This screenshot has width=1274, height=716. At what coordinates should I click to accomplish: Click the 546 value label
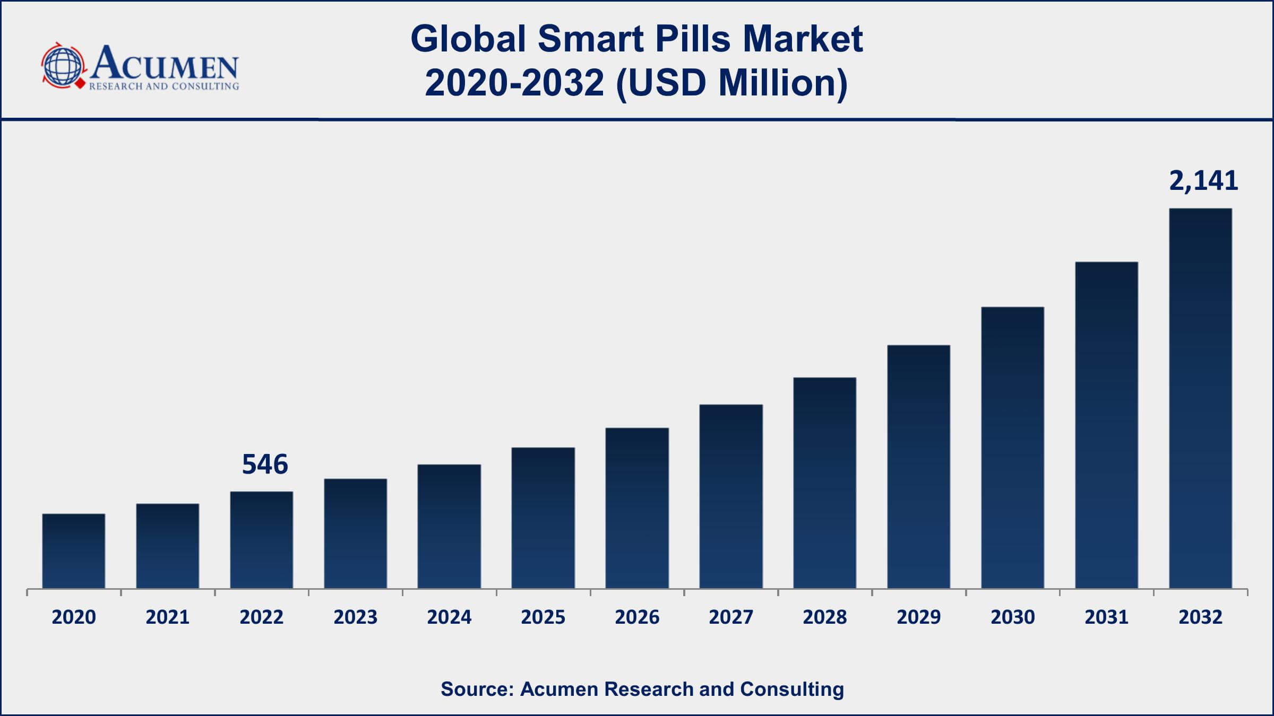pos(265,464)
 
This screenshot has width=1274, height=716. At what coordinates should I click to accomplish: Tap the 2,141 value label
pos(1203,181)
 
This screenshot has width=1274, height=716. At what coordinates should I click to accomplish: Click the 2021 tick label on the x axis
pos(168,617)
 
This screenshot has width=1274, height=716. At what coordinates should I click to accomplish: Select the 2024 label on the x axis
pos(449,617)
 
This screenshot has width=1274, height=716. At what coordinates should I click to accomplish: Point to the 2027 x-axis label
pos(731,617)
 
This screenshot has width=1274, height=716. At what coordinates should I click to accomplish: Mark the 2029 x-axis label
pos(918,617)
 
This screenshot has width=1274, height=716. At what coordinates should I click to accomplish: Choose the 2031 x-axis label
pos(1106,617)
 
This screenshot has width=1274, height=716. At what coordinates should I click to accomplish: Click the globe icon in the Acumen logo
pos(63,66)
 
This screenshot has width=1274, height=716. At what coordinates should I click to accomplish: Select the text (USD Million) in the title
pos(731,83)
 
